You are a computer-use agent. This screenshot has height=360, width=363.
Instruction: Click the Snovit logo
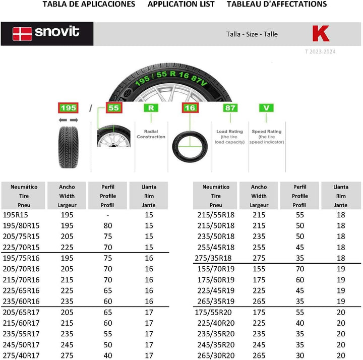[x=46, y=34]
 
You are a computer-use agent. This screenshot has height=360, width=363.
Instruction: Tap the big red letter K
[x=321, y=34]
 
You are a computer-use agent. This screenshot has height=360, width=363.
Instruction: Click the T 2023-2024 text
[x=320, y=51]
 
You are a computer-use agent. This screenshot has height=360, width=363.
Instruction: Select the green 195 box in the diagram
[x=68, y=108]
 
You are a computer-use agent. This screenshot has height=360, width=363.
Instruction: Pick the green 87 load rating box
[x=230, y=108]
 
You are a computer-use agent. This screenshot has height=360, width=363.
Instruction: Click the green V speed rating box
[x=266, y=108]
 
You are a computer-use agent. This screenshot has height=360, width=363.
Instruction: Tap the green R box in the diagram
[x=151, y=108]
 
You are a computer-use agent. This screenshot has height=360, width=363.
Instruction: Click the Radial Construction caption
[x=151, y=134]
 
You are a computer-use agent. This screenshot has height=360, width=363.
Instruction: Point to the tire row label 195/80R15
[x=21, y=225]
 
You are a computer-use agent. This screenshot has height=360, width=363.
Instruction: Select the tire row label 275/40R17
[x=21, y=355]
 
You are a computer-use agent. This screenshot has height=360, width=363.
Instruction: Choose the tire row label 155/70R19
[x=216, y=269]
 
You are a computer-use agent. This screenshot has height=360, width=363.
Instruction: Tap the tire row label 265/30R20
[x=216, y=355]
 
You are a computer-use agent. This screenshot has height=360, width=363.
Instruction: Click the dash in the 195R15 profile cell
[x=108, y=214]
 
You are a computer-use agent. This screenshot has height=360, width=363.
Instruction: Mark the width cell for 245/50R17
[x=67, y=345]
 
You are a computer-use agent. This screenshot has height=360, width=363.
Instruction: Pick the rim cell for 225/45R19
[x=341, y=290]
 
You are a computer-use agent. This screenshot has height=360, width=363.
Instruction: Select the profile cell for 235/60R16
[x=108, y=301]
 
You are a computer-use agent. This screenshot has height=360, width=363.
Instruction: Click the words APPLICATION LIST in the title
[x=181, y=4]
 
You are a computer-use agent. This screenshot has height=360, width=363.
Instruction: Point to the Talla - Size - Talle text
[x=252, y=34]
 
